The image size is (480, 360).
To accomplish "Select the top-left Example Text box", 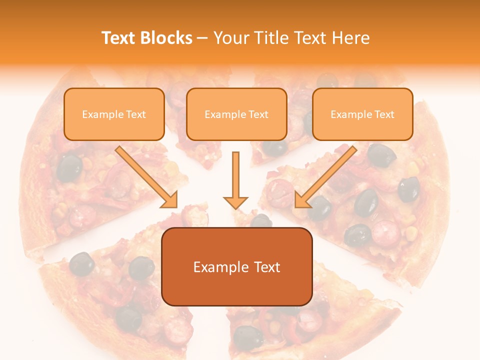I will tap(114, 114).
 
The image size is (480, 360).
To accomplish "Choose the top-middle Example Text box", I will tap(236, 114).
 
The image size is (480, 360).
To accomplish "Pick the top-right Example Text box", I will tap(362, 114).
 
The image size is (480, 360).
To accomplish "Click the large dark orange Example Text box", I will tap(236, 267).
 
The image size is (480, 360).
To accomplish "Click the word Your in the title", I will tap(231, 38).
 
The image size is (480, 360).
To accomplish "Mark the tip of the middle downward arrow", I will tap(235, 207).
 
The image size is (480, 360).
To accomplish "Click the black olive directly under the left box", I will tap(69, 167).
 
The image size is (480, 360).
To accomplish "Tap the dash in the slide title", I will tap(202, 38).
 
